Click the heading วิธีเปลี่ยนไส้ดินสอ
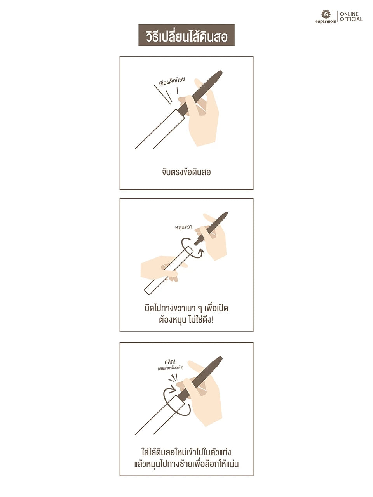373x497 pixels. (x=186, y=36)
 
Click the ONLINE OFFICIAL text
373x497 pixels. (x=351, y=17)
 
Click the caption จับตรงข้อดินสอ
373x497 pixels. (x=186, y=172)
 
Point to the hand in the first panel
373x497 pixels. (x=202, y=116)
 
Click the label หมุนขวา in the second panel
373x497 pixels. (x=183, y=227)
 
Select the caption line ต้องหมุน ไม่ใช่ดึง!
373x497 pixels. (x=186, y=321)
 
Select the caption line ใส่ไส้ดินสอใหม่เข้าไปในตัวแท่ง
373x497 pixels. (x=186, y=452)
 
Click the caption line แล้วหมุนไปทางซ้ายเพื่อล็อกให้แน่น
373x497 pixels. (x=186, y=464)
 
